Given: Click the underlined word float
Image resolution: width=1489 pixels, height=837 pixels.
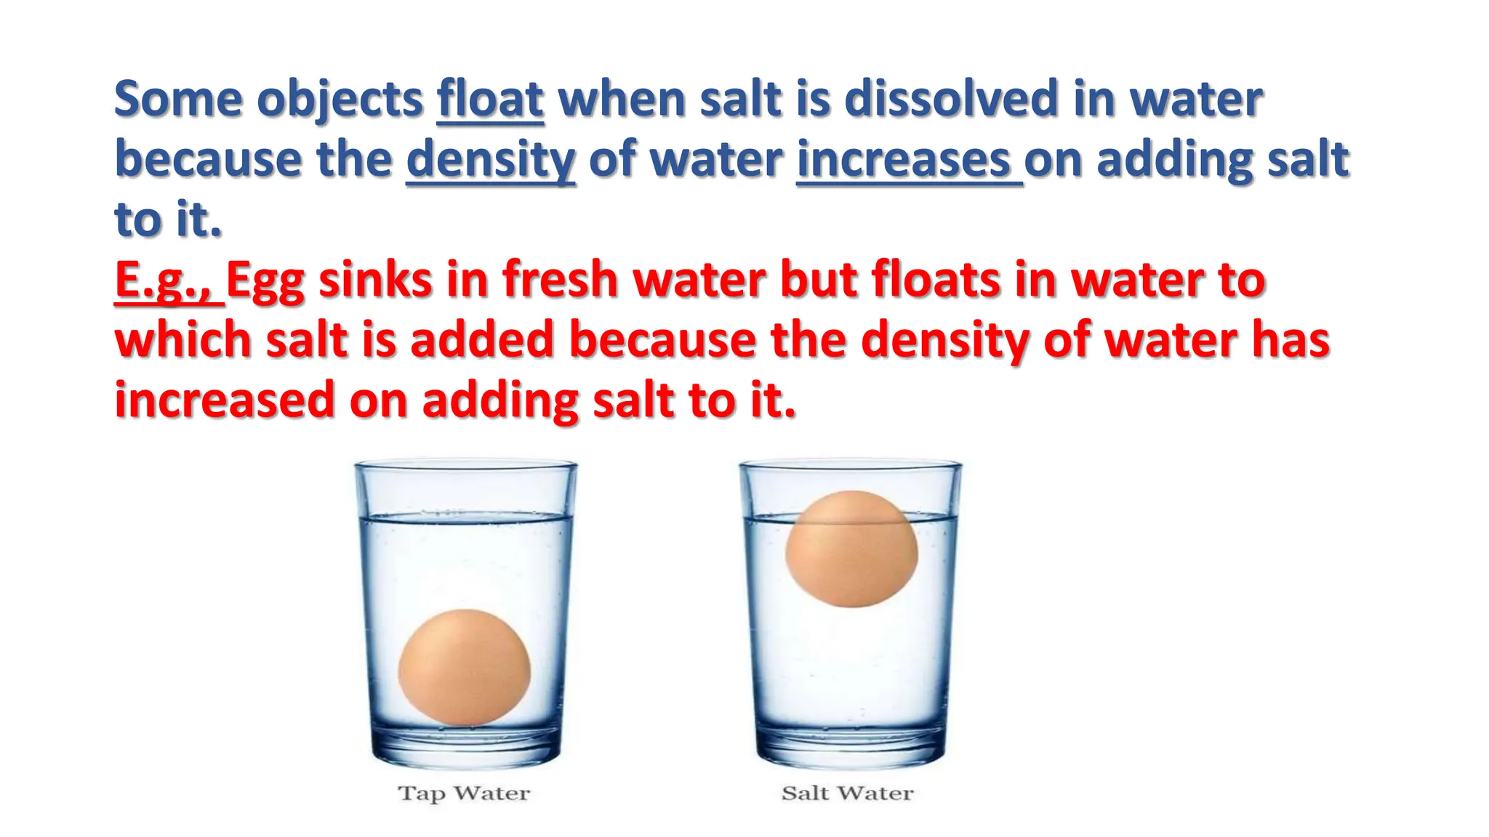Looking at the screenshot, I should [490, 99].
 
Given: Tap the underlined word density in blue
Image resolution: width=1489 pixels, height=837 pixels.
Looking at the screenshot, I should [491, 160].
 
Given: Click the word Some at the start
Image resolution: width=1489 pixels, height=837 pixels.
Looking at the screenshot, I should [178, 99].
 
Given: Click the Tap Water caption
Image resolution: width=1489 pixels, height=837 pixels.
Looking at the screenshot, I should [464, 793].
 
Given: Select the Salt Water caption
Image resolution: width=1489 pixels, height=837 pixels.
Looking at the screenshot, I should [847, 793].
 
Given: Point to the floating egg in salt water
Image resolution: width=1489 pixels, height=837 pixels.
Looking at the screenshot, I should [851, 549].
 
